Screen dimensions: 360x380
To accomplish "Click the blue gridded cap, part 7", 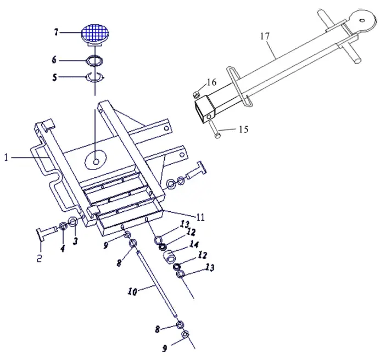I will tap(96, 33).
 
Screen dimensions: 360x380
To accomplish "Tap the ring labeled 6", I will tap(96, 60).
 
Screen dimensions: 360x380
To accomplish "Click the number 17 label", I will tap(265, 36).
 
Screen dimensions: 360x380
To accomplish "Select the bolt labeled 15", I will tap(214, 130).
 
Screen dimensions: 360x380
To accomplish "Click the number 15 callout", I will tap(243, 130).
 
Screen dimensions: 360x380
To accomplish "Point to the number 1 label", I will tap(6, 158).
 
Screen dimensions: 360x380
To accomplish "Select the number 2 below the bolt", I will tap(39, 258).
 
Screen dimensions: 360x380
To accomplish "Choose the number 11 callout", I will tap(200, 217).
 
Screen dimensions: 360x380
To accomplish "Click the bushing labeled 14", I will tap(171, 256).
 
